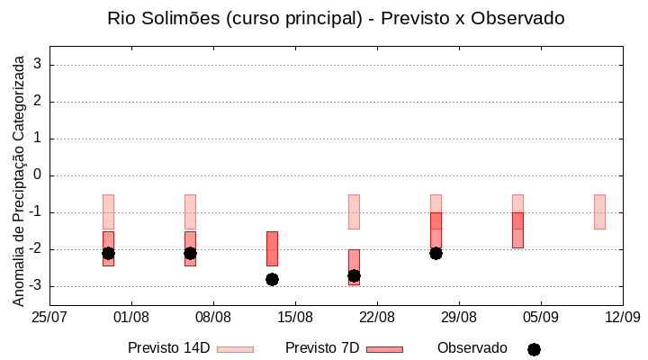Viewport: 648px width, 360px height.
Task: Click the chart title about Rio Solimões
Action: [x=336, y=19]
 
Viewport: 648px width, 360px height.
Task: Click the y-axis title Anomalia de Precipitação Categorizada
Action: [x=18, y=178]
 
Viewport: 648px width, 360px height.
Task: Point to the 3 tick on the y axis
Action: [x=38, y=65]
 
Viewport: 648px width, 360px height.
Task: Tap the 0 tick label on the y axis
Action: [x=38, y=175]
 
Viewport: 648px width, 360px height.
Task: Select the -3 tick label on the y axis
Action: [x=35, y=286]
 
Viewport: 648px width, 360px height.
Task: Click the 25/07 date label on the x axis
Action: [x=49, y=317]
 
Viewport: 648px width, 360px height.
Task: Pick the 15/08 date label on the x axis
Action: [x=295, y=317]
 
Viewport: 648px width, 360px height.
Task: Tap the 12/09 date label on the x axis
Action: [x=622, y=317]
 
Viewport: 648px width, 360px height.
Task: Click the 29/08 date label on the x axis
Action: [x=459, y=317]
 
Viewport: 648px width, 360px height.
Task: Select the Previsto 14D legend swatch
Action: [x=235, y=349]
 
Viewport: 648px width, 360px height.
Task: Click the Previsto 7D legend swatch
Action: [x=384, y=349]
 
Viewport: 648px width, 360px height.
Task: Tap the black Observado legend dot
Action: [x=534, y=349]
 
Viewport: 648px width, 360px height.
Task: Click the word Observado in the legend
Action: [x=472, y=348]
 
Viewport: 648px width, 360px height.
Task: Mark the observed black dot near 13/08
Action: [x=272, y=279]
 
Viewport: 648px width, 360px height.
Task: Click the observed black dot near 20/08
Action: [x=354, y=275]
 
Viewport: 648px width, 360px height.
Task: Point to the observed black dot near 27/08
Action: [x=436, y=253]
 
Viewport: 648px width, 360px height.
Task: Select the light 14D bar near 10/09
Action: [x=599, y=211]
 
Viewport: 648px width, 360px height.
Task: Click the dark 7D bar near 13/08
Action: [x=272, y=247]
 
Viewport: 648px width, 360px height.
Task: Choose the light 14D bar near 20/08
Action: [x=354, y=211]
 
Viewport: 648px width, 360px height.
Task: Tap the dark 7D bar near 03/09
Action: [x=517, y=230]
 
